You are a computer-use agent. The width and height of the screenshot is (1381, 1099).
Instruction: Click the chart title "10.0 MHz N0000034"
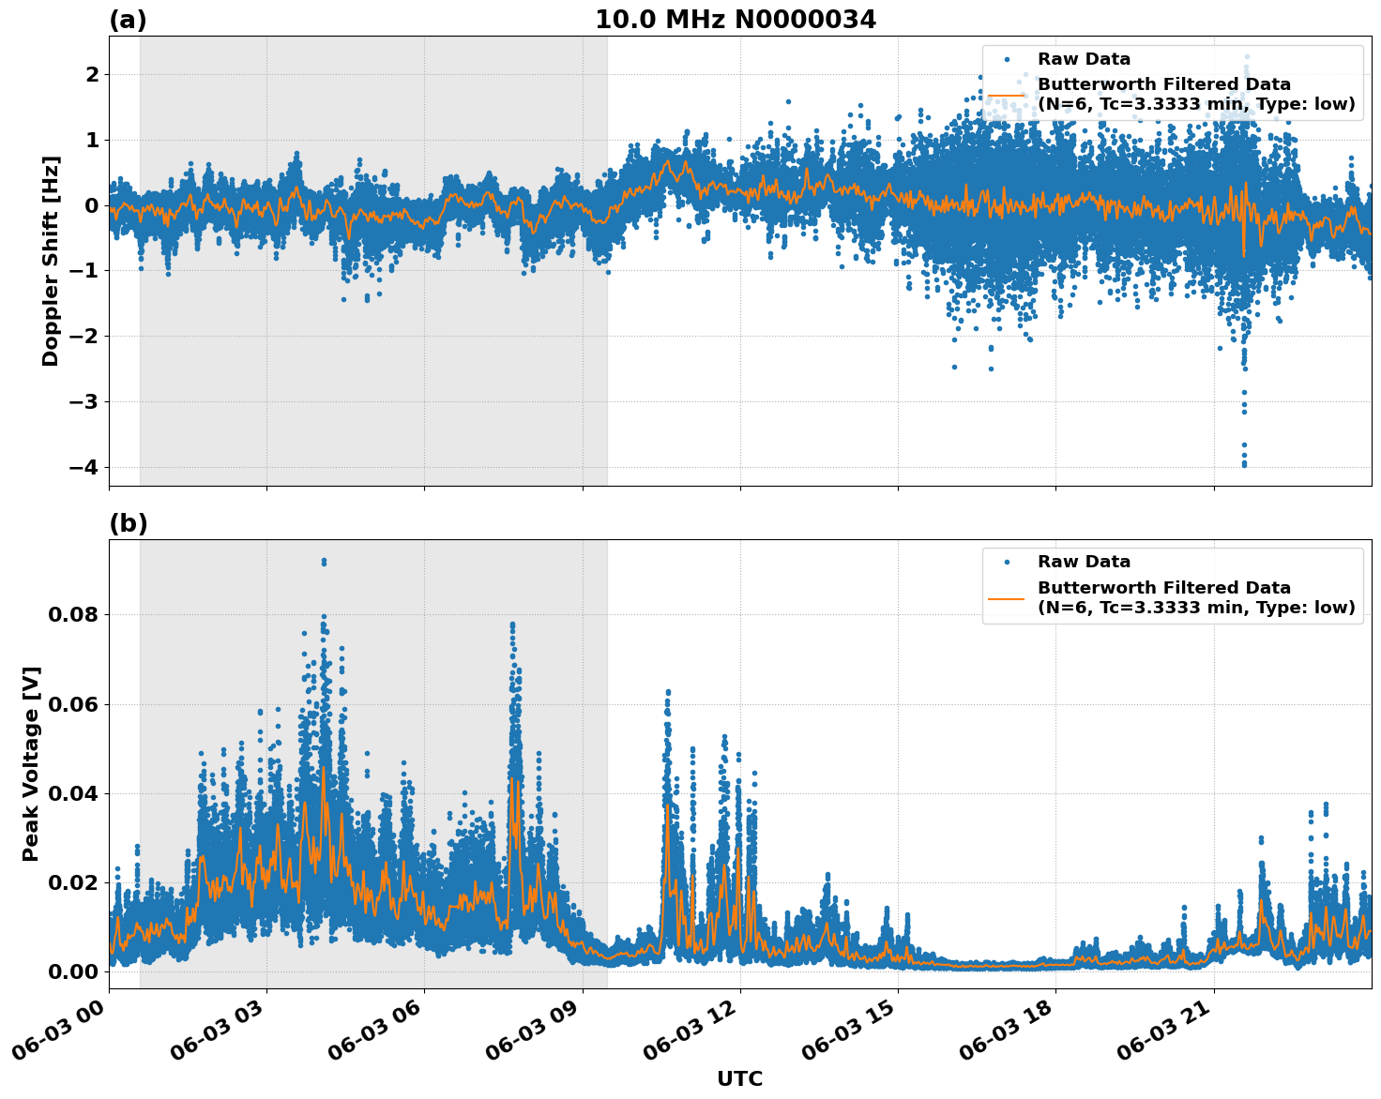click(736, 20)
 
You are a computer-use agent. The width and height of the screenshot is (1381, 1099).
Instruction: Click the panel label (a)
click(128, 20)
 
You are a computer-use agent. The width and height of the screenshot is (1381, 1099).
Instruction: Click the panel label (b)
click(128, 523)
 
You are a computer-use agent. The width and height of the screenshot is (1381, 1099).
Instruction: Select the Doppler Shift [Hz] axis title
click(51, 261)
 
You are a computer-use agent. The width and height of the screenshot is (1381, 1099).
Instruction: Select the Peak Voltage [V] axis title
click(31, 763)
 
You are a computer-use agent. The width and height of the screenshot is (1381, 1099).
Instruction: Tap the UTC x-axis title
click(739, 1078)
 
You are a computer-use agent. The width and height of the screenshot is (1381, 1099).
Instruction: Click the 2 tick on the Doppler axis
click(92, 74)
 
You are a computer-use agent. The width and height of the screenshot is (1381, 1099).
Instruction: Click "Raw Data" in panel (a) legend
click(1084, 59)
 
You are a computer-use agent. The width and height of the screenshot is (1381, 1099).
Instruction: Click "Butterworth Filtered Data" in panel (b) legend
click(1163, 588)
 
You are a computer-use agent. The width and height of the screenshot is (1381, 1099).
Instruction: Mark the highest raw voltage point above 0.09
click(324, 561)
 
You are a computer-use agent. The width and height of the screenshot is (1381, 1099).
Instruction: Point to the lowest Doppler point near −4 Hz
click(1244, 464)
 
